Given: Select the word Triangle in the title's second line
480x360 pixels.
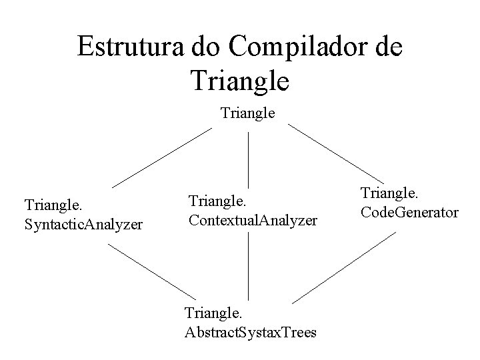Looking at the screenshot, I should pyautogui.click(x=240, y=81).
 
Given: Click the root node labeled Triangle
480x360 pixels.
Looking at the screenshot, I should pyautogui.click(x=247, y=113).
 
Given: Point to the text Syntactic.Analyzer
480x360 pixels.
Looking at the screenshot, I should pyautogui.click(x=83, y=225).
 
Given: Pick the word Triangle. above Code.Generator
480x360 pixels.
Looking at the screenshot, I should pyautogui.click(x=390, y=194).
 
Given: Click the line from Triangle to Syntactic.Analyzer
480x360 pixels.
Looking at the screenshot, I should pyautogui.click(x=161, y=157).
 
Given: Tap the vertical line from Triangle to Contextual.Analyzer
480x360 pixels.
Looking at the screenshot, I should pyautogui.click(x=249, y=159).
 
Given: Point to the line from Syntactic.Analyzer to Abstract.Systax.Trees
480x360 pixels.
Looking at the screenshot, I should pyautogui.click(x=152, y=271).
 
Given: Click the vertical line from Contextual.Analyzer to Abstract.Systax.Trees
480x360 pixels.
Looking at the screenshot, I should pyautogui.click(x=249, y=267).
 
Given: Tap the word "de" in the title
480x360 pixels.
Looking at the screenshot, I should pyautogui.click(x=387, y=47).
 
